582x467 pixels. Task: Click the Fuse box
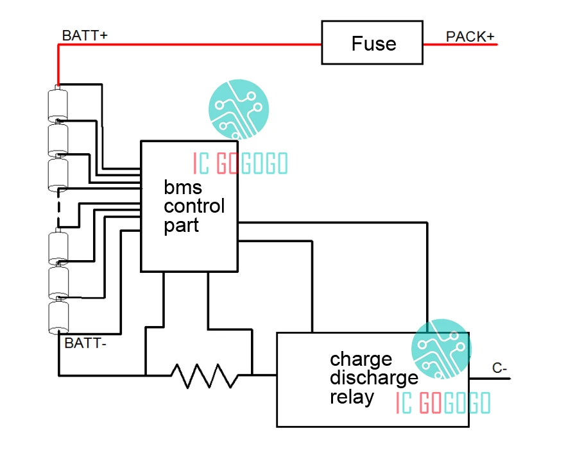pos(372,43)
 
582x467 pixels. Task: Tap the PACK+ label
pos(470,37)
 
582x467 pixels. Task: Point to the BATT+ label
pos(85,35)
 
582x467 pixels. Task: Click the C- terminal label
pos(500,368)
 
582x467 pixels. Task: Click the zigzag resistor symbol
pos(204,375)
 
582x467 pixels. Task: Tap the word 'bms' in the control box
pos(183,188)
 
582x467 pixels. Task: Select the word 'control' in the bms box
pos(194,206)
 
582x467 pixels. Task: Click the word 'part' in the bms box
pos(181,225)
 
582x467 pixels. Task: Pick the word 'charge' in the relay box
pos(361,358)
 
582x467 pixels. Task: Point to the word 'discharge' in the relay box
pos(373,377)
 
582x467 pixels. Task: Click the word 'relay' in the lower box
pos(352,397)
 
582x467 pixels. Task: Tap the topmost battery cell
pos(58,104)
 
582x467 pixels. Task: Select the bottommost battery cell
pos(58,316)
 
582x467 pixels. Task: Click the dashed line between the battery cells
pos(58,208)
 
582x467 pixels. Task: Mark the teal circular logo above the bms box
pos(239,110)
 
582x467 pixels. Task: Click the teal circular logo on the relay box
pos(441,349)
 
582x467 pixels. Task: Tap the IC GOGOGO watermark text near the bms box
pos(240,164)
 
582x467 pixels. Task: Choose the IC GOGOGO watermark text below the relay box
pos(443,403)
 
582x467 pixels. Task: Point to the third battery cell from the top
pos(58,174)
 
